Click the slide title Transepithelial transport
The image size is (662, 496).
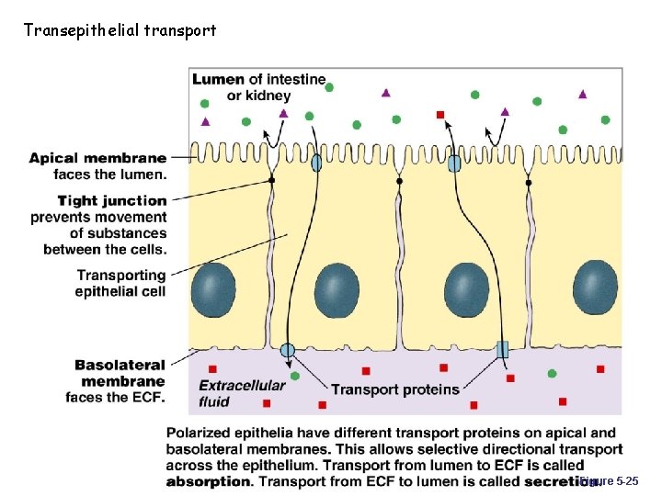coord(120,30)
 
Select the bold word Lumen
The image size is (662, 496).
coord(218,80)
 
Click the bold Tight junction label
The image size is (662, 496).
coord(112,200)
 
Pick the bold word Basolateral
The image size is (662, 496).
coord(120,366)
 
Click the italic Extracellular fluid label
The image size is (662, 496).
coord(242,393)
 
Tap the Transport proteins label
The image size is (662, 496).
coord(394,389)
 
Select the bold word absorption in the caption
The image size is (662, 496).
coord(209,481)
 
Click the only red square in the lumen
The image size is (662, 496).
coord(440,115)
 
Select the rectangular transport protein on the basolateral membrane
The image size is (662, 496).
coord(502,349)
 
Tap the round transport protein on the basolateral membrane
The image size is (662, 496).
coord(288,349)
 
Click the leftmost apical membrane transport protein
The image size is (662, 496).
coord(316,163)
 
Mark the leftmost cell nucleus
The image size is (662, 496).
coord(213,288)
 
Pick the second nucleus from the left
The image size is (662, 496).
coord(337,290)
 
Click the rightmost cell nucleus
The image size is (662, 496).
coord(595,287)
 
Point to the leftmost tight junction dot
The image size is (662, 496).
coord(271,182)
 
